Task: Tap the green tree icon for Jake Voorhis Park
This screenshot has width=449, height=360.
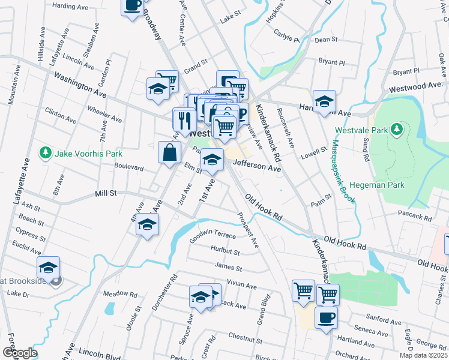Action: pyautogui.click(x=45, y=154)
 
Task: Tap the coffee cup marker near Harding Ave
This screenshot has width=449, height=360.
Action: pyautogui.click(x=133, y=6)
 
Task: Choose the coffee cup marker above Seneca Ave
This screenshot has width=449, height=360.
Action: pyautogui.click(x=326, y=318)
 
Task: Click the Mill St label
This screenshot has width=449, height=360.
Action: pyautogui.click(x=105, y=194)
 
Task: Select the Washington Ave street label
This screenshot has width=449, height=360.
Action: pyautogui.click(x=80, y=85)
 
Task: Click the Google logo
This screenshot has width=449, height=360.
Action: pyautogui.click(x=20, y=353)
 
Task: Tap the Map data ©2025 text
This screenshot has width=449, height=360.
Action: pyautogui.click(x=423, y=355)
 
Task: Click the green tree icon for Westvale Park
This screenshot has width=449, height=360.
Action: pyautogui.click(x=396, y=128)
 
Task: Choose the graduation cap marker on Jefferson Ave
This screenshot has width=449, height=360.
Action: pyautogui.click(x=212, y=159)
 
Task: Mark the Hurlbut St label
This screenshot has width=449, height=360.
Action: pyautogui.click(x=225, y=250)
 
